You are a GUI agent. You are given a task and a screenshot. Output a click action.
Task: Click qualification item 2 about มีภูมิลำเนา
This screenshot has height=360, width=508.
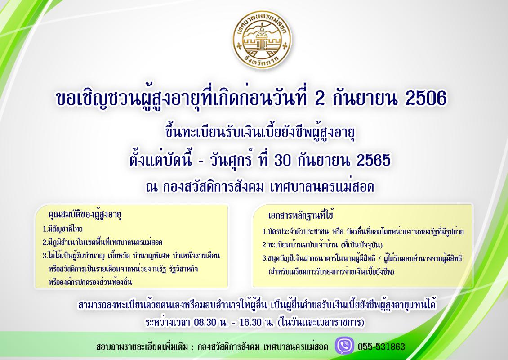click(102, 242)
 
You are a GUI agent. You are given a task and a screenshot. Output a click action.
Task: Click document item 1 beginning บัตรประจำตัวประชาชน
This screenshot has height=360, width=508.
click(363, 233)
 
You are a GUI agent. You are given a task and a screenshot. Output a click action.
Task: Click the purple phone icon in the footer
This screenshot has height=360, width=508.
click(344, 346)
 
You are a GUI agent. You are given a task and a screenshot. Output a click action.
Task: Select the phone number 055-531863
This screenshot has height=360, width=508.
click(381, 347)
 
